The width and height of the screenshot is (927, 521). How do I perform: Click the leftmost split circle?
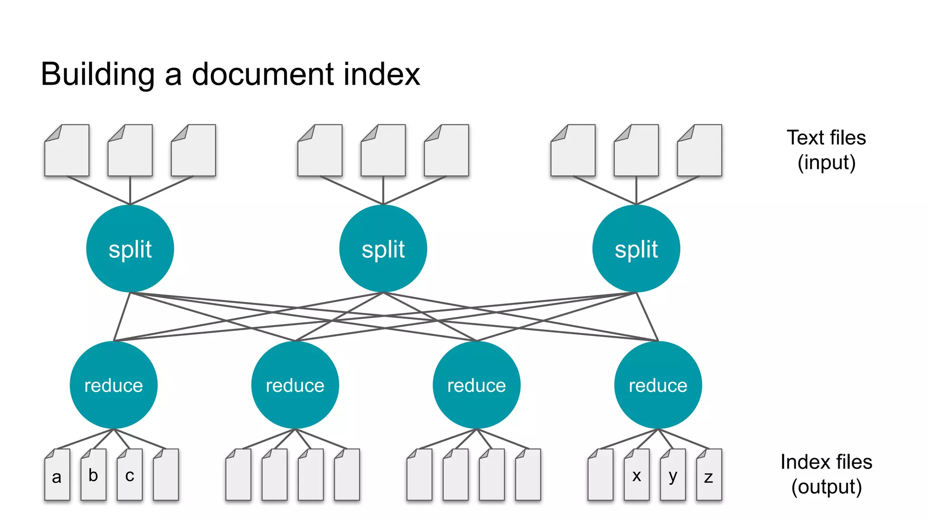130,248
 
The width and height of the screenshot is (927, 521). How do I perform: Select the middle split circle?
383,248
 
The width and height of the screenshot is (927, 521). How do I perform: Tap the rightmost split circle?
636,248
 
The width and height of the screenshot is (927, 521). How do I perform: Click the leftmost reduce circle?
114,385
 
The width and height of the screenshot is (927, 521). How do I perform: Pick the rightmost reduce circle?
658,385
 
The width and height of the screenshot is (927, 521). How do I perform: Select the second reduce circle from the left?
295,385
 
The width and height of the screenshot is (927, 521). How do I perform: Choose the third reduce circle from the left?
476,385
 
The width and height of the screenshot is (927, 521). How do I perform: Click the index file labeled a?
57,475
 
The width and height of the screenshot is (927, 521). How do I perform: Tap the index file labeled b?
93,475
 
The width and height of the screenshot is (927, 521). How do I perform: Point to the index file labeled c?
129,475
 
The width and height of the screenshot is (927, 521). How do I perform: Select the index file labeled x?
636,475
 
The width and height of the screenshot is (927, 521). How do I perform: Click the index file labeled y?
673,475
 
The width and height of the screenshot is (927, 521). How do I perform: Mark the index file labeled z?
709,475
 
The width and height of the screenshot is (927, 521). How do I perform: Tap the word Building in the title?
98,74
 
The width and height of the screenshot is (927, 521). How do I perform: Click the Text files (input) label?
826,150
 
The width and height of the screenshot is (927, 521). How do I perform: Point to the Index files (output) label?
826,474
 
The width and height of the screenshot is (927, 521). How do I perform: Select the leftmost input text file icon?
67,151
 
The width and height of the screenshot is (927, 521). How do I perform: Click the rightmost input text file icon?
699,151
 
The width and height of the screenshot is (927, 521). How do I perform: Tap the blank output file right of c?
166,475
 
